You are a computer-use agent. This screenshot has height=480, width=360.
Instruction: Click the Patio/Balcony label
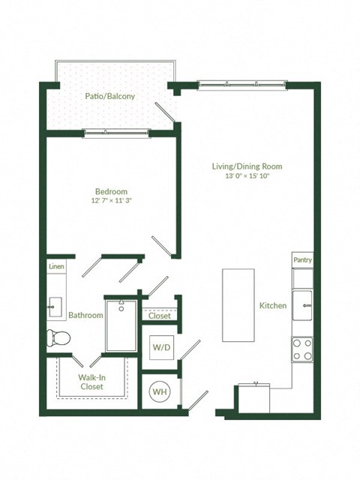[110, 97]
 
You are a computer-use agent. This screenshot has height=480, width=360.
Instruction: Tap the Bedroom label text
[111, 190]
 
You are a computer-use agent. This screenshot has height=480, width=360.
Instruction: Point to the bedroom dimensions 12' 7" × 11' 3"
[111, 201]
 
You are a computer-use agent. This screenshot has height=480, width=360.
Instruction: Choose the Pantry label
[302, 260]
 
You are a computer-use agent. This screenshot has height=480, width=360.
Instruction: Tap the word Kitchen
[273, 306]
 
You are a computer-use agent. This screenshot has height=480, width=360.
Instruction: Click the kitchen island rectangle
[238, 304]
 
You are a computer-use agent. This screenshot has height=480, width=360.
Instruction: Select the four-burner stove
[302, 349]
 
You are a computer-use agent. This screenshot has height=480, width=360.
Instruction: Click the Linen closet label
[56, 267]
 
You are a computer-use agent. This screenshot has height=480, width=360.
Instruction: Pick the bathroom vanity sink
[55, 305]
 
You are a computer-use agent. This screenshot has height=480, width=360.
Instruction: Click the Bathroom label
[85, 316]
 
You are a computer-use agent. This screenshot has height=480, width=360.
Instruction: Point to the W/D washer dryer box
[160, 348]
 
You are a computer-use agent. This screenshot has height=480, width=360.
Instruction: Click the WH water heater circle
[160, 391]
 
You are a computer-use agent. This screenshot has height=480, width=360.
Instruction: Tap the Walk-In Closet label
[91, 382]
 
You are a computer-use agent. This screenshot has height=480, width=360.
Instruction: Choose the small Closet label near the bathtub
[159, 316]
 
